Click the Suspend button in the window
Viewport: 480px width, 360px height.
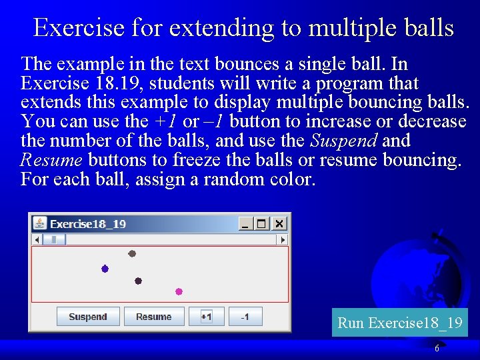[88, 317]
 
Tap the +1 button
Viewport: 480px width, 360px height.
[206, 317]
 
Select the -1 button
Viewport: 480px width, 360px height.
[245, 317]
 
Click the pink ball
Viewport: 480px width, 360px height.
[179, 291]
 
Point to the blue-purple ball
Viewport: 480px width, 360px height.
[105, 269]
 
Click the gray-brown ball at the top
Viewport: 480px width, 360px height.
[132, 253]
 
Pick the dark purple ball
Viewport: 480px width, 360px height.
[138, 281]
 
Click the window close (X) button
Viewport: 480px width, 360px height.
[279, 224]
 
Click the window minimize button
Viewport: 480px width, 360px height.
[245, 224]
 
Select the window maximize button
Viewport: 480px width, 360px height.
[262, 224]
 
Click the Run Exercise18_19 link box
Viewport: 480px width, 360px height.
[399, 323]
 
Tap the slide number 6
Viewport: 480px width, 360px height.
[437, 349]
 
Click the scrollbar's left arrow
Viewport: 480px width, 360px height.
[37, 239]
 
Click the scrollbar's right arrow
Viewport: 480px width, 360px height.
[283, 239]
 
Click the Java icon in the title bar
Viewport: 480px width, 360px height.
[40, 224]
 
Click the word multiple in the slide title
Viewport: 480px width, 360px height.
[349, 28]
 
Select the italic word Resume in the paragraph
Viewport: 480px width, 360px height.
[51, 160]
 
